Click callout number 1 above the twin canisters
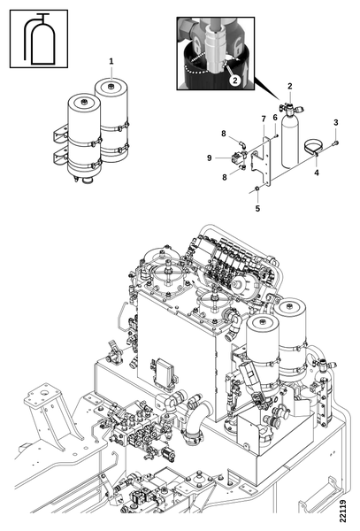coord(111,61)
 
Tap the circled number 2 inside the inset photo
coord(234,80)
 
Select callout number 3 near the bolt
coord(335,122)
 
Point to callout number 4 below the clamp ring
coord(317,173)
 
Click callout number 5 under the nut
coord(257,209)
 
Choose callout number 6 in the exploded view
coord(275,117)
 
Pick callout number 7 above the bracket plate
coord(264,119)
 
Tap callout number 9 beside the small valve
coord(209,158)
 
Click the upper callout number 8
coord(223,134)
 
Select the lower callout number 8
coord(225,177)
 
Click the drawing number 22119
coord(343,511)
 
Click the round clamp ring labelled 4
coord(313,147)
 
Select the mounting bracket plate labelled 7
coord(263,162)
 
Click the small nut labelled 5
coord(257,188)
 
